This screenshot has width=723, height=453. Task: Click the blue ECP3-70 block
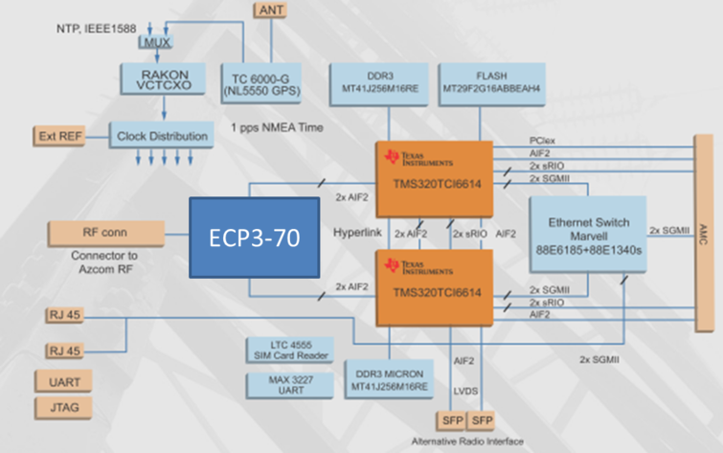pyautogui.click(x=253, y=238)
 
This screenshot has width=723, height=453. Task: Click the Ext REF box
pyautogui.click(x=58, y=136)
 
